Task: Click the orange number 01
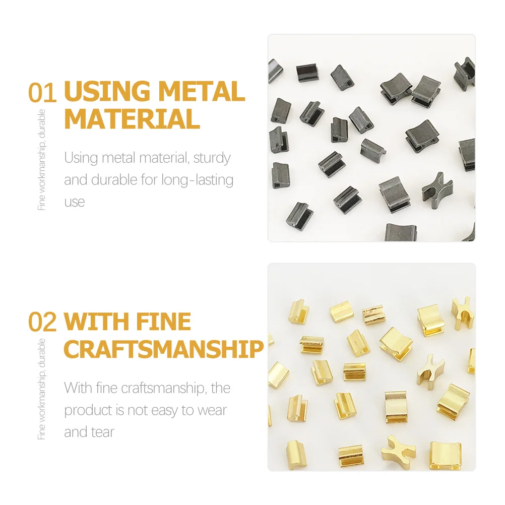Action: pyautogui.click(x=42, y=94)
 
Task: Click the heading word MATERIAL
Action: pyautogui.click(x=132, y=119)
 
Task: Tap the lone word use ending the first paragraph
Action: pyautogui.click(x=74, y=202)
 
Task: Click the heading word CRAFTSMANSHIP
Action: pyautogui.click(x=164, y=349)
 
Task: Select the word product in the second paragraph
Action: pyautogui.click(x=90, y=410)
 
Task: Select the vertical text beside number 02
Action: pyautogui.click(x=42, y=389)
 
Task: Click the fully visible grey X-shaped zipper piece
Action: pyautogui.click(x=436, y=187)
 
